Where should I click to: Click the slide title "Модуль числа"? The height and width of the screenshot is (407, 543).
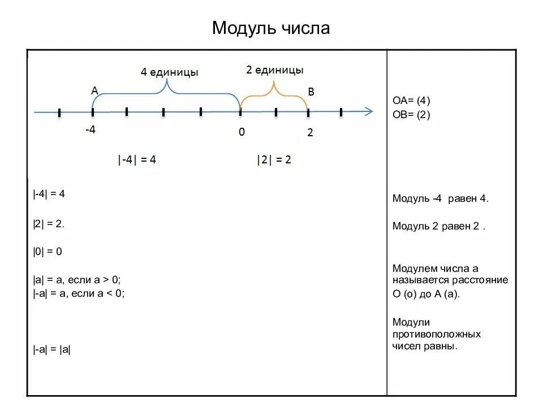coord(271,28)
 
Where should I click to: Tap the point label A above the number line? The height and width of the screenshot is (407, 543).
coord(94,90)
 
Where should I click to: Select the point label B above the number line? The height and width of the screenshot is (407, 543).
coord(311,92)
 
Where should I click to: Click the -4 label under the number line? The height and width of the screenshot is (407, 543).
coord(90,130)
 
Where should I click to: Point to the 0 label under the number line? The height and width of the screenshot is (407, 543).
coord(242,132)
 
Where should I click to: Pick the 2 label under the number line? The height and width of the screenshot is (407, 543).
coord(310,133)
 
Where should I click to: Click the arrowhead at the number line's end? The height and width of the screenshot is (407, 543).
coord(368,111)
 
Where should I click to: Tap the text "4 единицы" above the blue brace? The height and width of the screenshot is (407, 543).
coord(169,72)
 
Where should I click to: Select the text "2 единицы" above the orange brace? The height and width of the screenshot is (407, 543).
coord(275,70)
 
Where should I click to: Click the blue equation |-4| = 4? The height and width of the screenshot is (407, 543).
coord(137,160)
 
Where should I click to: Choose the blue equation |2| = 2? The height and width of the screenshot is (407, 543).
coord(274,160)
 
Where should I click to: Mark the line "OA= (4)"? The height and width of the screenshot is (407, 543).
coord(411,101)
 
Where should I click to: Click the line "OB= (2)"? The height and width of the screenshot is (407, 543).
coord(411,115)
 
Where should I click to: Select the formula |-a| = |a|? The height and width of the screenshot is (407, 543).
coord(51,349)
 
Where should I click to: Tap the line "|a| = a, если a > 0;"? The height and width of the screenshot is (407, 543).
coord(77,280)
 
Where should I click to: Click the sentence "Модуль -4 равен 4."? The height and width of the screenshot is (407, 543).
coord(440,199)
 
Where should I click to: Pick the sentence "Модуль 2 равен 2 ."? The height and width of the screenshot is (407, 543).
coord(439,226)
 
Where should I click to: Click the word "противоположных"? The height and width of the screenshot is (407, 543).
coord(437,334)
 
